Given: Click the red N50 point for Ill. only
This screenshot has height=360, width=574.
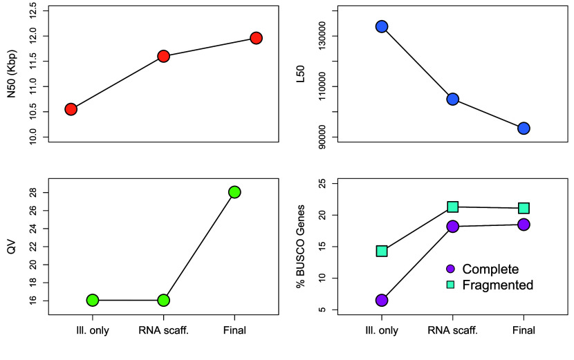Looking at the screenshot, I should (x=71, y=109).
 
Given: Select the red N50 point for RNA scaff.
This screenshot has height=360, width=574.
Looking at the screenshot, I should (x=163, y=56).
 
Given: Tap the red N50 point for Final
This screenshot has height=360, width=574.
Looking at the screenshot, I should (x=256, y=38).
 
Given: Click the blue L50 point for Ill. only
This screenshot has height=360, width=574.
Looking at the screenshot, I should (x=382, y=26).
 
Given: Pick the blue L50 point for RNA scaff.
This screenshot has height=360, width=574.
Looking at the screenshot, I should (x=453, y=99).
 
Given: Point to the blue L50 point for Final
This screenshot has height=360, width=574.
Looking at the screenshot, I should (x=524, y=129).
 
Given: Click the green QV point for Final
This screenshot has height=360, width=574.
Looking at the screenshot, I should (x=234, y=192).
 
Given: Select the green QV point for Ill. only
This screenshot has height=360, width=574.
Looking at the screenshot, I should (x=93, y=300).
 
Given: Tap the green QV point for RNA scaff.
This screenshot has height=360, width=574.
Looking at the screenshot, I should (x=163, y=300).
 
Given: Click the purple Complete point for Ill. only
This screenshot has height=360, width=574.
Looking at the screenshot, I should (x=382, y=300).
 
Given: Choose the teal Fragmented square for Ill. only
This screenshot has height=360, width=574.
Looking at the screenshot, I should (x=382, y=251).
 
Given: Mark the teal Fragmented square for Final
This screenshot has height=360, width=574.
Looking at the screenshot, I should (x=524, y=208).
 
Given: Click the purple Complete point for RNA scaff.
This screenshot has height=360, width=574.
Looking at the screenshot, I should (x=453, y=226).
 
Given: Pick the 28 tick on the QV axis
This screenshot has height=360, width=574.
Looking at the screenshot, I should (x=35, y=192).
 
